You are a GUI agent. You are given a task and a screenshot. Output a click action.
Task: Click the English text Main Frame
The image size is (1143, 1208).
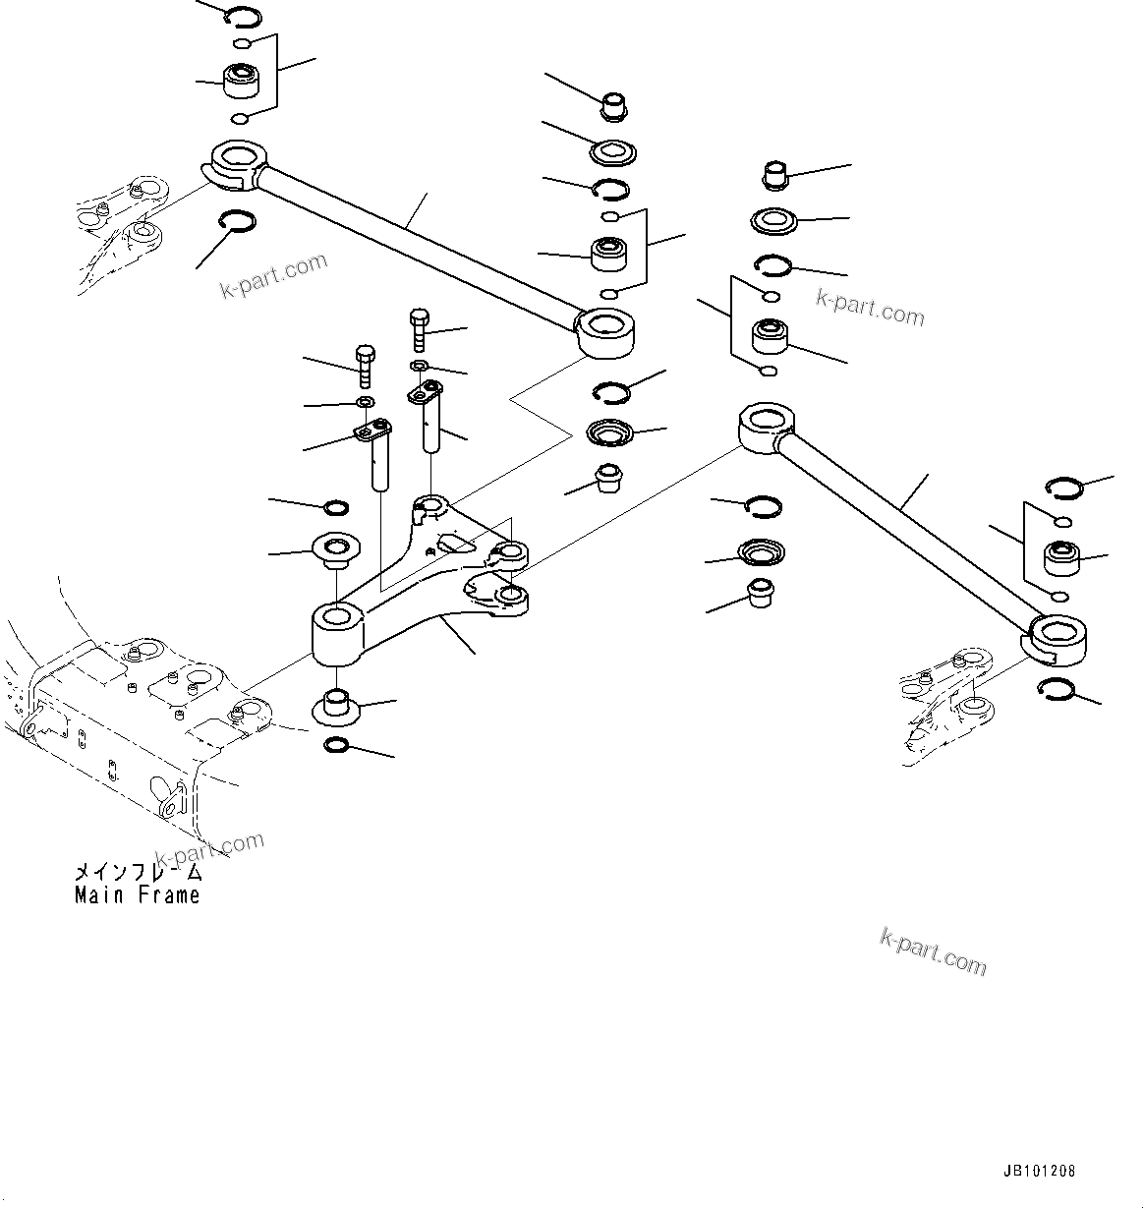(x=137, y=895)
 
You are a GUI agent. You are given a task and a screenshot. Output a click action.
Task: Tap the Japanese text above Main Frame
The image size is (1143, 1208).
(x=137, y=873)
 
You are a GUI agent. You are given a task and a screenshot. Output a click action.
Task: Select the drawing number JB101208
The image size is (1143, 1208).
(x=1039, y=1172)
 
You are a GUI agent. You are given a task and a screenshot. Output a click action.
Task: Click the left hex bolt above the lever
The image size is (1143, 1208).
(x=365, y=364)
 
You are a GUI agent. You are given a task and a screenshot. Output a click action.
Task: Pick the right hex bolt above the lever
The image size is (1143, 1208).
(x=417, y=327)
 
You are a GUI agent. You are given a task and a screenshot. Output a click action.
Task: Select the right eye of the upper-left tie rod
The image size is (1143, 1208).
(x=607, y=331)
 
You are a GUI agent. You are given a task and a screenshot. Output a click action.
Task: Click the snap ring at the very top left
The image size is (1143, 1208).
(x=242, y=16)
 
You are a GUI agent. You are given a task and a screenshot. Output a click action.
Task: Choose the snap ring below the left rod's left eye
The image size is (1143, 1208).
(x=237, y=223)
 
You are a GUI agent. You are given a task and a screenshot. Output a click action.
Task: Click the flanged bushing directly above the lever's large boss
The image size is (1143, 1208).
(x=334, y=549)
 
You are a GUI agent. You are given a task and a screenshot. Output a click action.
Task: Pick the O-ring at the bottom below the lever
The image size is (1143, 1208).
(x=336, y=746)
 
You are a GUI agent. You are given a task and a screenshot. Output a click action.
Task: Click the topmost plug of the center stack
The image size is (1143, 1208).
(x=615, y=103)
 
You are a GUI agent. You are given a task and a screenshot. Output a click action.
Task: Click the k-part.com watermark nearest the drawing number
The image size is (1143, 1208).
(x=933, y=950)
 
